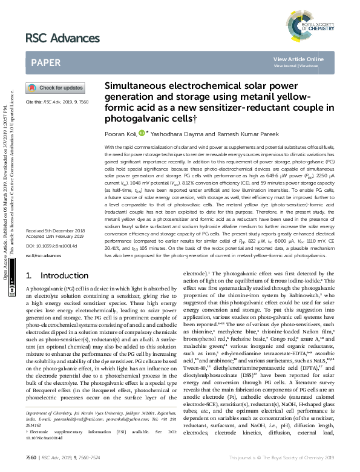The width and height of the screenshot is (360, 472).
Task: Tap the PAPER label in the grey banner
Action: pyautogui.click(x=45, y=61)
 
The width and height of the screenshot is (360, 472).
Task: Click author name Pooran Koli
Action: pyautogui.click(x=121, y=134)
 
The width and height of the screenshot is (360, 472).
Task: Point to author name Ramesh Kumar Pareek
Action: pyautogui.click(x=212, y=134)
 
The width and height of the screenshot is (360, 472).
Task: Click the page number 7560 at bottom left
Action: pyautogui.click(x=30, y=459)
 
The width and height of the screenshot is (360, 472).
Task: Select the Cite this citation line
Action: pyautogui.click(x=53, y=103)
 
